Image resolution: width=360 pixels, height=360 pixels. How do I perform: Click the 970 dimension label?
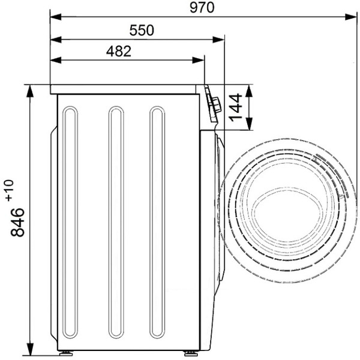[202, 8]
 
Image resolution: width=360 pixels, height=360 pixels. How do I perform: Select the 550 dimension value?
[142, 31]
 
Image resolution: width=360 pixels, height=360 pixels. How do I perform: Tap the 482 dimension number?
[119, 51]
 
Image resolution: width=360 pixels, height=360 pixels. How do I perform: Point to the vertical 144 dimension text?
[236, 107]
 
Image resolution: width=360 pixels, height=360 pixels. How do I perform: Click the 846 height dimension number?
[17, 222]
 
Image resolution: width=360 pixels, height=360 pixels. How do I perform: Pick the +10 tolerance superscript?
[10, 191]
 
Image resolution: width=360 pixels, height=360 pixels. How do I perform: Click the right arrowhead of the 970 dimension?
[351, 17]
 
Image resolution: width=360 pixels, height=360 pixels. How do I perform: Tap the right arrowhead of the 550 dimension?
[218, 40]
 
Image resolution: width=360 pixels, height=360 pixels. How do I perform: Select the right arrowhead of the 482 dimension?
[198, 61]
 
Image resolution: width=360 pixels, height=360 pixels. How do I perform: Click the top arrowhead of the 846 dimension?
[30, 91]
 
